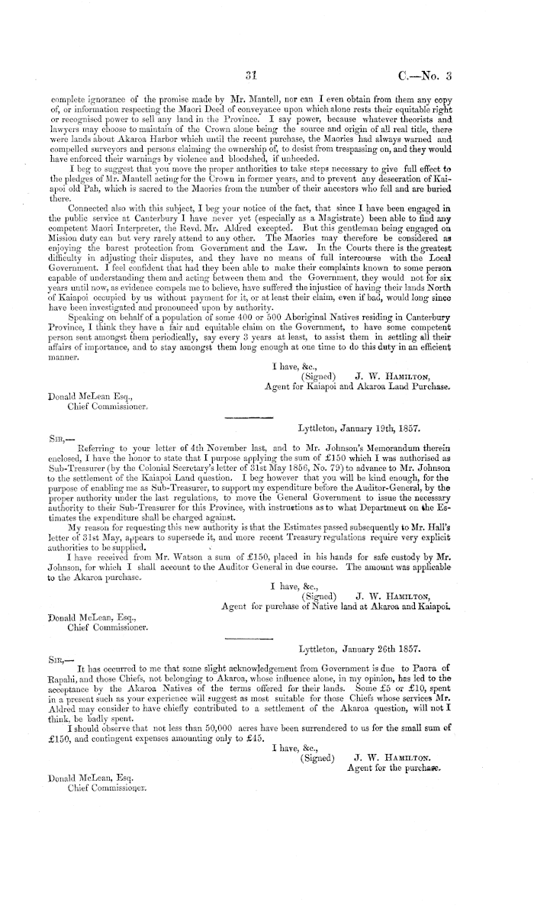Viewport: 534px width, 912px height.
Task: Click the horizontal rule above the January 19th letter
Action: (x=246, y=417)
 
